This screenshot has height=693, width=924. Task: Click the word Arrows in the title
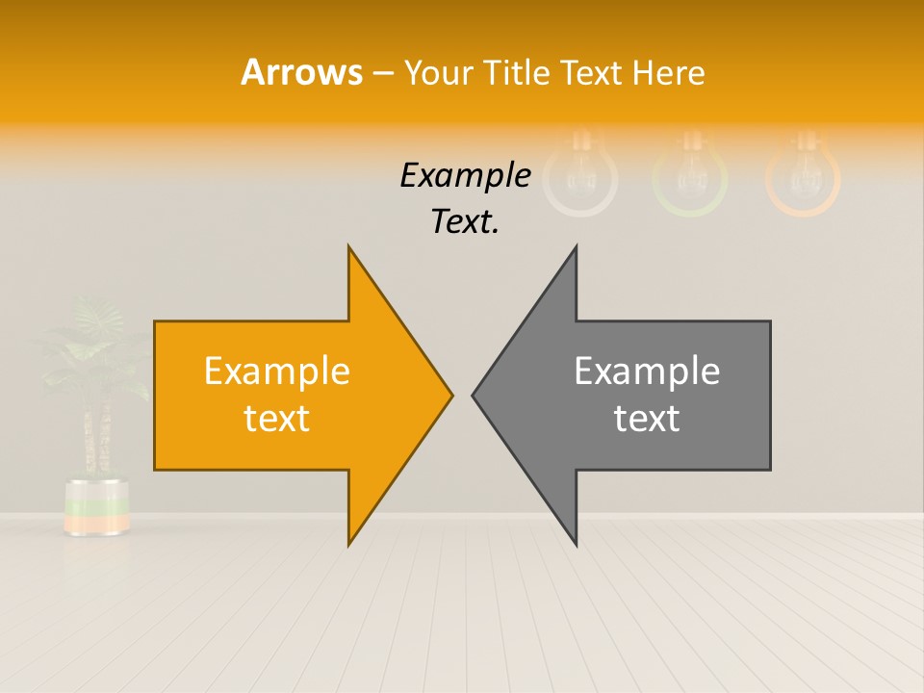pyautogui.click(x=301, y=72)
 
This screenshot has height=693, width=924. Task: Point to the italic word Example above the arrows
pyautogui.click(x=465, y=176)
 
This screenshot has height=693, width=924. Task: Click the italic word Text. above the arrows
pyautogui.click(x=465, y=221)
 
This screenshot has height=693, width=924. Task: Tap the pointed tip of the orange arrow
pyautogui.click(x=450, y=394)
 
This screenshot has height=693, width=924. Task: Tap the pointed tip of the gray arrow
pyautogui.click(x=474, y=394)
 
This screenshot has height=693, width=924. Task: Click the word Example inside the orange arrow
pyautogui.click(x=277, y=371)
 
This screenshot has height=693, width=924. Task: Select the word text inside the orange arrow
pyautogui.click(x=277, y=419)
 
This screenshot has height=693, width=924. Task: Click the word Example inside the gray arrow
pyautogui.click(x=647, y=371)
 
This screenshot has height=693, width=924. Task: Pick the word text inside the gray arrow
pyautogui.click(x=647, y=419)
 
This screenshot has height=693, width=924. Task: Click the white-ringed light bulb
pyautogui.click(x=580, y=174)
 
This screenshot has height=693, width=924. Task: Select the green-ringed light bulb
pyautogui.click(x=690, y=174)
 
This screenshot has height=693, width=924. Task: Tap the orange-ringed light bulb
pyautogui.click(x=803, y=174)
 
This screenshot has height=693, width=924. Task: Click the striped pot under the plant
pyautogui.click(x=96, y=506)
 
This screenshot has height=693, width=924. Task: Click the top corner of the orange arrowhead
pyautogui.click(x=349, y=248)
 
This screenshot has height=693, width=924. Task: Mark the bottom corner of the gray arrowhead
pyautogui.click(x=576, y=544)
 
